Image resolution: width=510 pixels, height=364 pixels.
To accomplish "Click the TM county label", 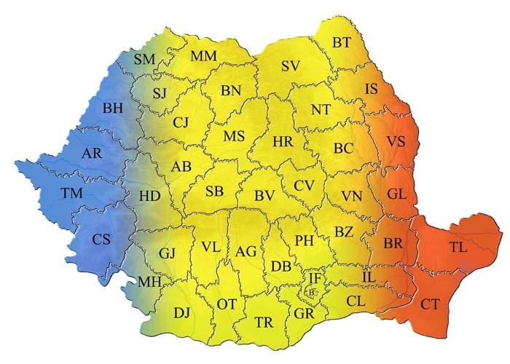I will [72, 193].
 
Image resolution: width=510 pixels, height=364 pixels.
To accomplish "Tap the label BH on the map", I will [113, 108].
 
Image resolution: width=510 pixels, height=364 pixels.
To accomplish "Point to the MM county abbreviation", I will [205, 56].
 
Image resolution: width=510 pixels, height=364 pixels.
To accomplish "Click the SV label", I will [291, 66].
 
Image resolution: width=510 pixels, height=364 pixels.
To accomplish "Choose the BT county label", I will [341, 43].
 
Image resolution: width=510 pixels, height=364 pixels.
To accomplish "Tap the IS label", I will [372, 90].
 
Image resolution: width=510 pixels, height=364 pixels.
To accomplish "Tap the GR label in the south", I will [304, 314].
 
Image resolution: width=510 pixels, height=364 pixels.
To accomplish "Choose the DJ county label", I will [181, 313].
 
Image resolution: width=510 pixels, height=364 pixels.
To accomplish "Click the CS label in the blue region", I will [101, 238].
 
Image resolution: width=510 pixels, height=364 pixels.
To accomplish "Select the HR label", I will [282, 141].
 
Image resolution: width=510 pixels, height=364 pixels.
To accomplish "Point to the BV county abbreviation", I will [264, 195].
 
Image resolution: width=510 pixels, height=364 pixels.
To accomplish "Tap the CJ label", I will [181, 122].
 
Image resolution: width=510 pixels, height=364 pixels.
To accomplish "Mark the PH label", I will [305, 240].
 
